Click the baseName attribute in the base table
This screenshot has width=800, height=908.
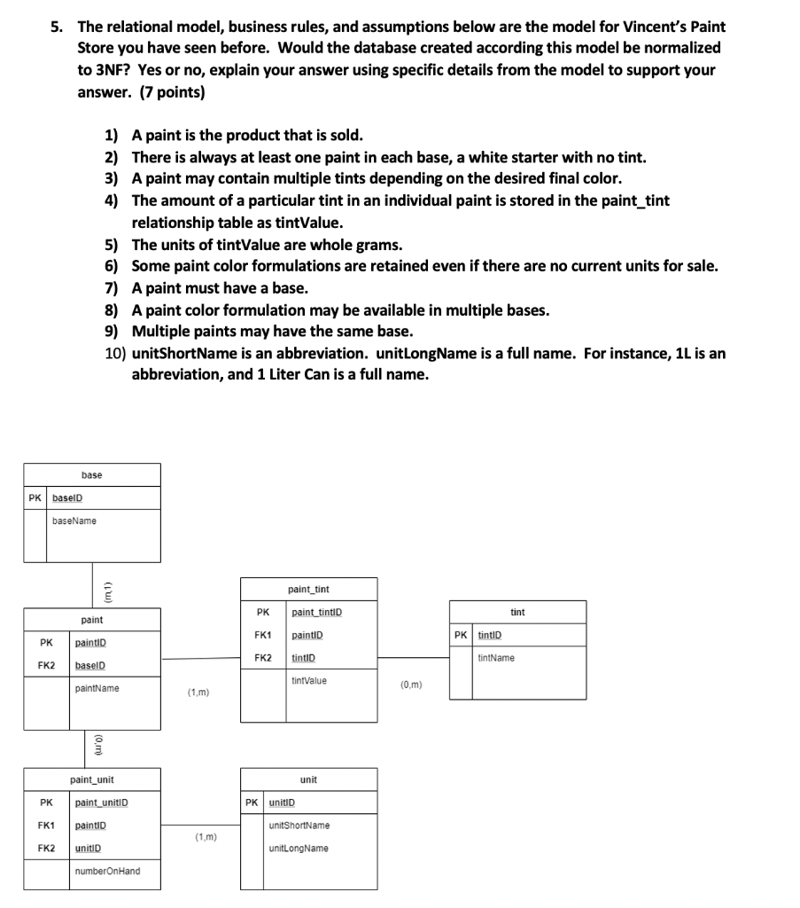pos(74,521)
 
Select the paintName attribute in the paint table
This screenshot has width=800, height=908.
pos(97,688)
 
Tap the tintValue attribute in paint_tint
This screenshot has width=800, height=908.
pos(309,680)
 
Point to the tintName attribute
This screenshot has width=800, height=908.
pos(495,658)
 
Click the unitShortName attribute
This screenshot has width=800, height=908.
pos(299,826)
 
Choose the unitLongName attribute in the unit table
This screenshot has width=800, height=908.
pos(298,849)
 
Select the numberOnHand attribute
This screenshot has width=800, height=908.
pos(107,871)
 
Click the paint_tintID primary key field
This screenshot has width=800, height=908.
pos(316,612)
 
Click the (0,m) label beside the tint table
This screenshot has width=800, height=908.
pos(412,684)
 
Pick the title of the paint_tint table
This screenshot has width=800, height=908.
pos(309,589)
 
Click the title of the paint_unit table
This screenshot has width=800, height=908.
pos(92,779)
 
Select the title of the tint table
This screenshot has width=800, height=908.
pos(517,612)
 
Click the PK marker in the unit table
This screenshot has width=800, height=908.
pos(252,803)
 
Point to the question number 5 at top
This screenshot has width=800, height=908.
pos(56,27)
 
